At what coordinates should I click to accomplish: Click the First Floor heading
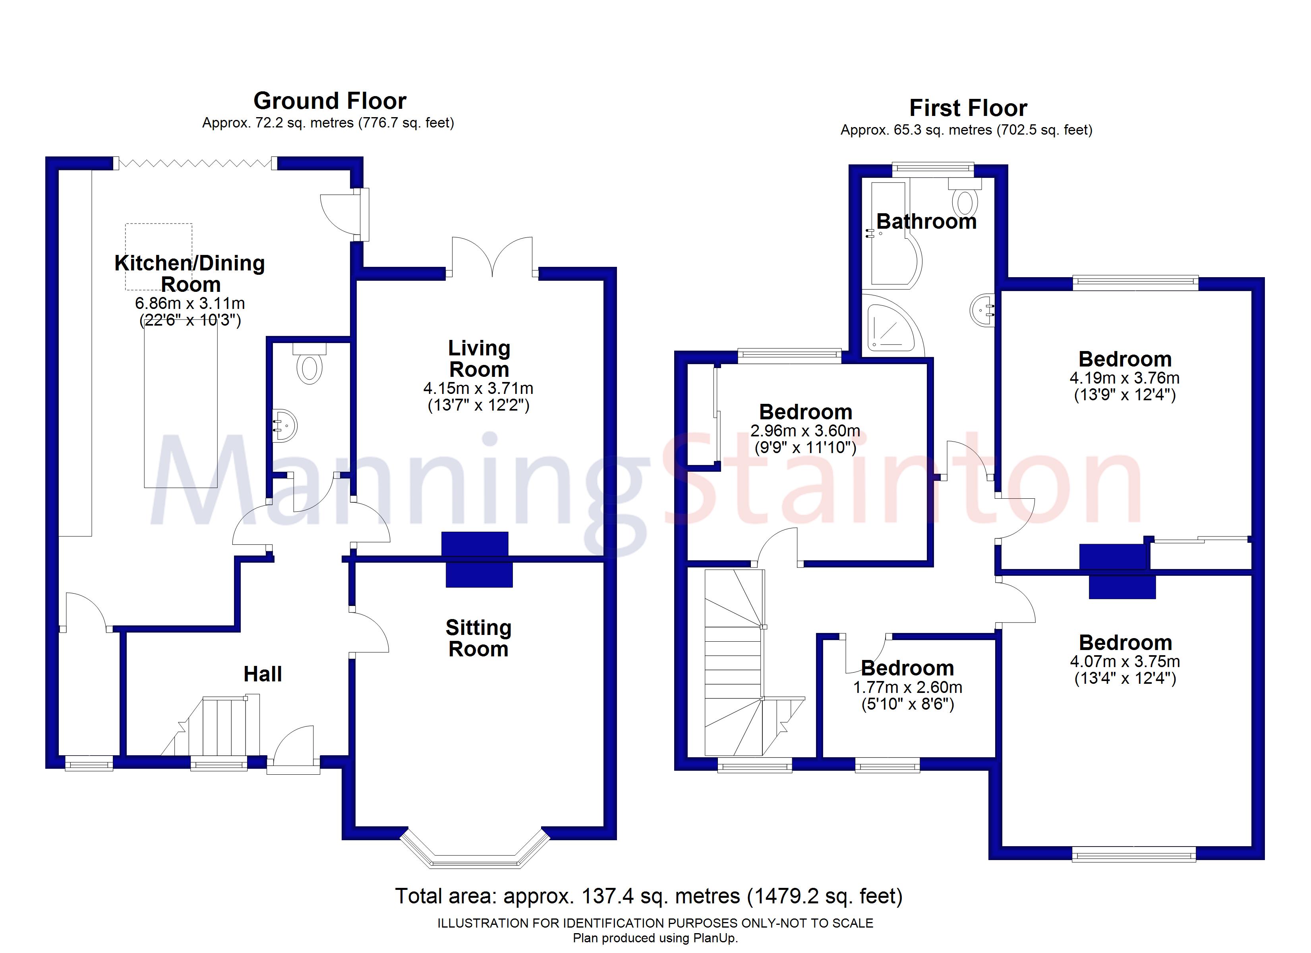tap(968, 108)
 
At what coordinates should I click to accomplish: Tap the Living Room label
tap(479, 358)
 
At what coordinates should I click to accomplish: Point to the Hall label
tap(263, 674)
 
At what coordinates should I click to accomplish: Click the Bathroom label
tap(926, 221)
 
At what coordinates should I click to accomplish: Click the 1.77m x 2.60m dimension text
tap(907, 687)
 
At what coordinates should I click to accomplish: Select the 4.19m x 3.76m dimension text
tap(1124, 378)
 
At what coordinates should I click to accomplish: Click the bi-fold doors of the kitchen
tap(195, 164)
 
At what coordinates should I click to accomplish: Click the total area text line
tap(648, 896)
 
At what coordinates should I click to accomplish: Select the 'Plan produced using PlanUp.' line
tap(655, 938)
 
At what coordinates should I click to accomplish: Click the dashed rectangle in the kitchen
tap(159, 257)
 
